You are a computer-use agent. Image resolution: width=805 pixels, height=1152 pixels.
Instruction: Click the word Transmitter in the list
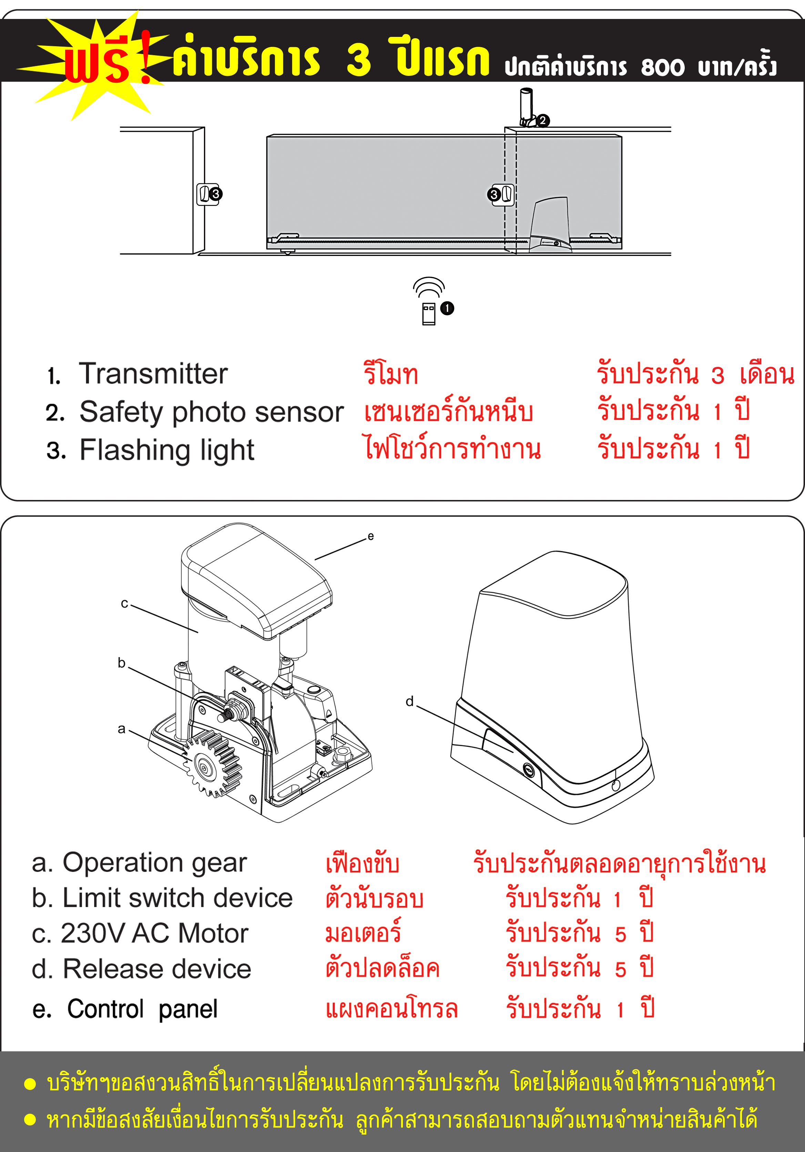153,374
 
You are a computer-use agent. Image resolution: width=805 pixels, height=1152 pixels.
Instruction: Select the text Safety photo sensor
211,412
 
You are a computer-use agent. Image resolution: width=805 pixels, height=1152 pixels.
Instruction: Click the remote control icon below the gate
428,313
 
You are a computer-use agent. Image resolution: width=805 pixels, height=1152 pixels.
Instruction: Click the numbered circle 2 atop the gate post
542,121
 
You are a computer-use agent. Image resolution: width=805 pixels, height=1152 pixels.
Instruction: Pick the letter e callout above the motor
371,537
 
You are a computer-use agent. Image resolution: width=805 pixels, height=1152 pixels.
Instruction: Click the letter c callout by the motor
124,604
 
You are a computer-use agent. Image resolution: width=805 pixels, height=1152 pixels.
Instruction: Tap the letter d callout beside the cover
410,701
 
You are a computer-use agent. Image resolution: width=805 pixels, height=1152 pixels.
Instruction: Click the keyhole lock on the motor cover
528,769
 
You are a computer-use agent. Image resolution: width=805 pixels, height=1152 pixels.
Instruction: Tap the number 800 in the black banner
662,67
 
